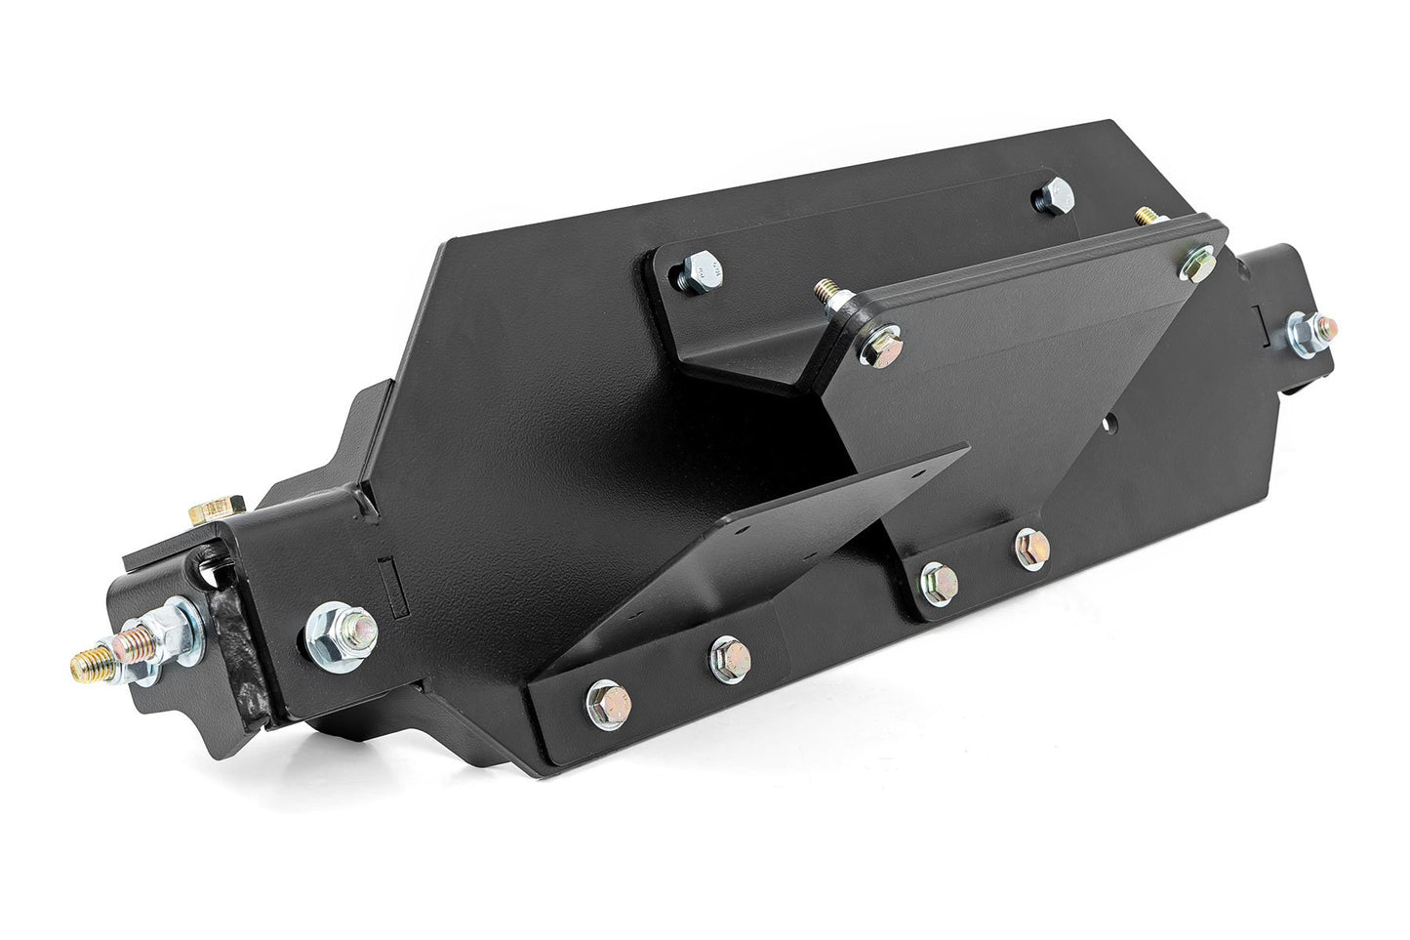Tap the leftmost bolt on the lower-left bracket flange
tap(603, 701)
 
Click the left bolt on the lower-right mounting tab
tap(938, 582)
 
